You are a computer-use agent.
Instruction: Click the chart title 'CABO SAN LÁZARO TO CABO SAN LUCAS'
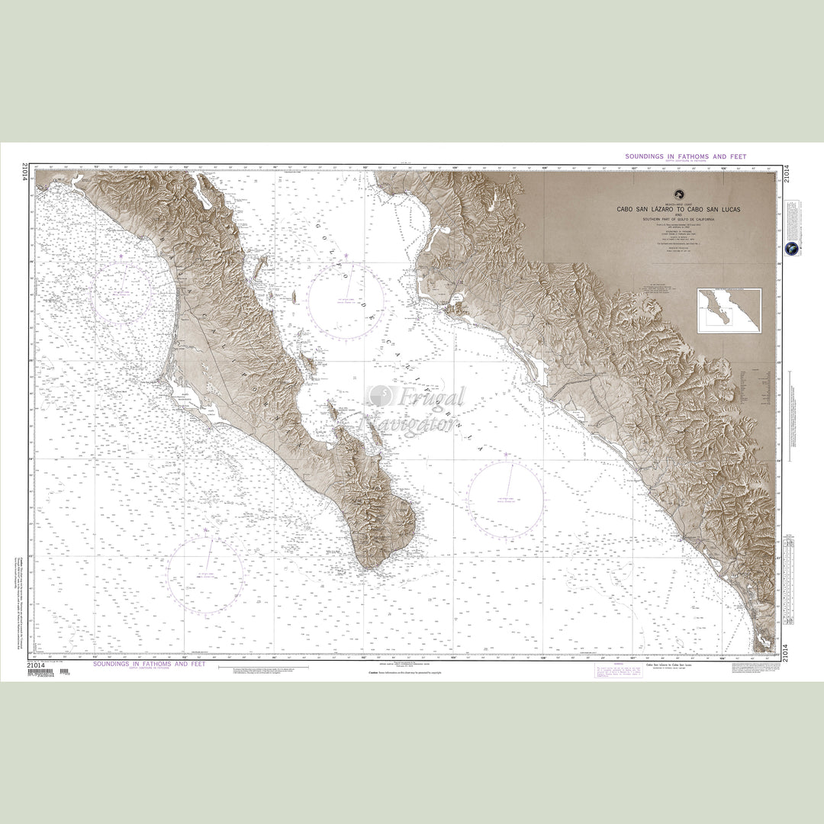point(679,209)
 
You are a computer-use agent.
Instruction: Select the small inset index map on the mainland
point(729,311)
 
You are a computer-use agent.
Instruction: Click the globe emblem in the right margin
point(793,249)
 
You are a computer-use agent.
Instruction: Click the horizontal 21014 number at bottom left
point(37,665)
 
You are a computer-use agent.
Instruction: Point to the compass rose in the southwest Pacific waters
point(205,571)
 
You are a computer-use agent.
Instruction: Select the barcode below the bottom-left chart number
point(41,671)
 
